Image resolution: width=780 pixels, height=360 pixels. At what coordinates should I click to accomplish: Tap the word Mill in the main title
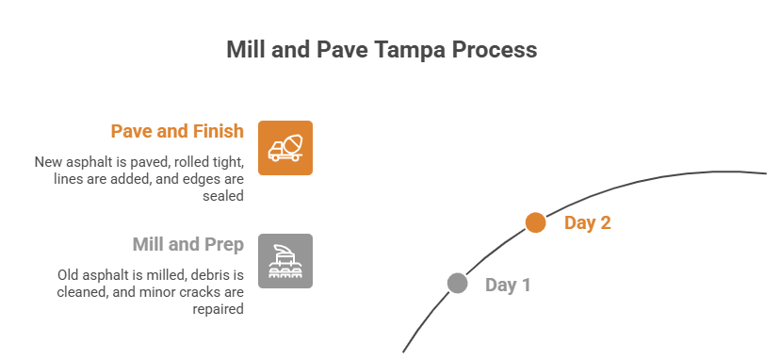point(247,50)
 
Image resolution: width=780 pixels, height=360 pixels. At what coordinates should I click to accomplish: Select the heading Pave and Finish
point(177,131)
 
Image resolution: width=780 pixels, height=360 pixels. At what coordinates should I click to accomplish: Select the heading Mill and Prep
point(188,245)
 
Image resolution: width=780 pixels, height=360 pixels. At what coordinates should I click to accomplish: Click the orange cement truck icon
point(285,148)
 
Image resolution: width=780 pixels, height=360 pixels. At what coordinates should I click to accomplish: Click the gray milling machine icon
point(285,261)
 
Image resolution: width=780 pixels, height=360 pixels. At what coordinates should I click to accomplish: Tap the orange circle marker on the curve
point(535,222)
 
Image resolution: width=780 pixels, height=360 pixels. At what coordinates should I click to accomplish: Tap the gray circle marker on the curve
point(457,283)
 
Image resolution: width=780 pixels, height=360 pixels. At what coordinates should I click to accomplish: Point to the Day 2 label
point(587,223)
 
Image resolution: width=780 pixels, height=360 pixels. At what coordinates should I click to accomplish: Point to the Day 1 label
point(508,285)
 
